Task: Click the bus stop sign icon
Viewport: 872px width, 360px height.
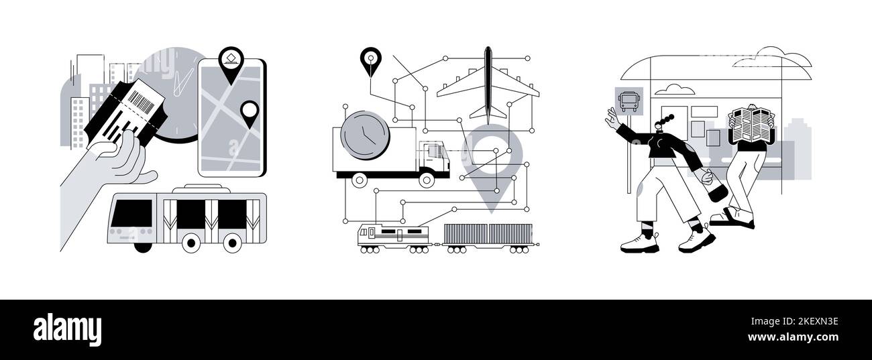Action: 629,103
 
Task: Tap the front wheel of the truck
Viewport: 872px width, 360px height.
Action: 427,179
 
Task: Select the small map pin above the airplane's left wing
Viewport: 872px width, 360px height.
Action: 370,61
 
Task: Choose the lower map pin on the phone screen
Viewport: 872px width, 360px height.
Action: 250,113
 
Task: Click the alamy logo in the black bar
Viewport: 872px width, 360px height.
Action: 67,330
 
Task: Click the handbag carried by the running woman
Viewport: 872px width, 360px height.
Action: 716,190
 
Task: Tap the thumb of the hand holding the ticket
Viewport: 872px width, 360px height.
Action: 124,140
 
